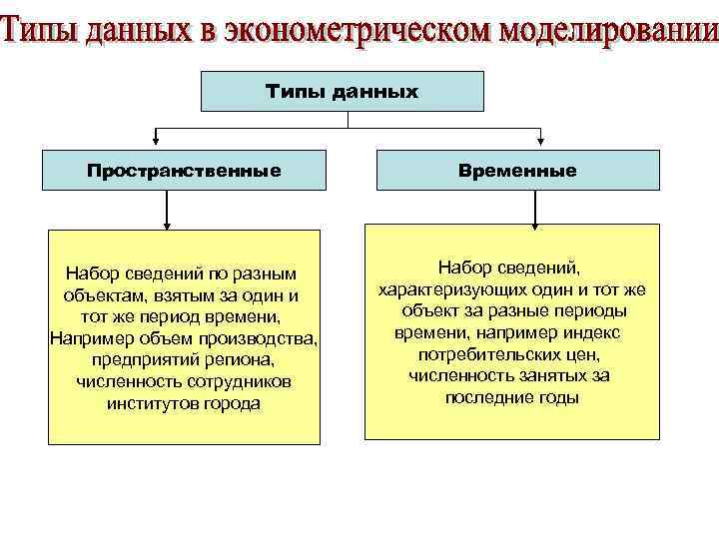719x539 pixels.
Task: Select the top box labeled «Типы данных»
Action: [x=343, y=91]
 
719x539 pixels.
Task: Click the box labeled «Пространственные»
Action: [x=184, y=171]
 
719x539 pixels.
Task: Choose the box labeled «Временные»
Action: [x=517, y=171]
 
